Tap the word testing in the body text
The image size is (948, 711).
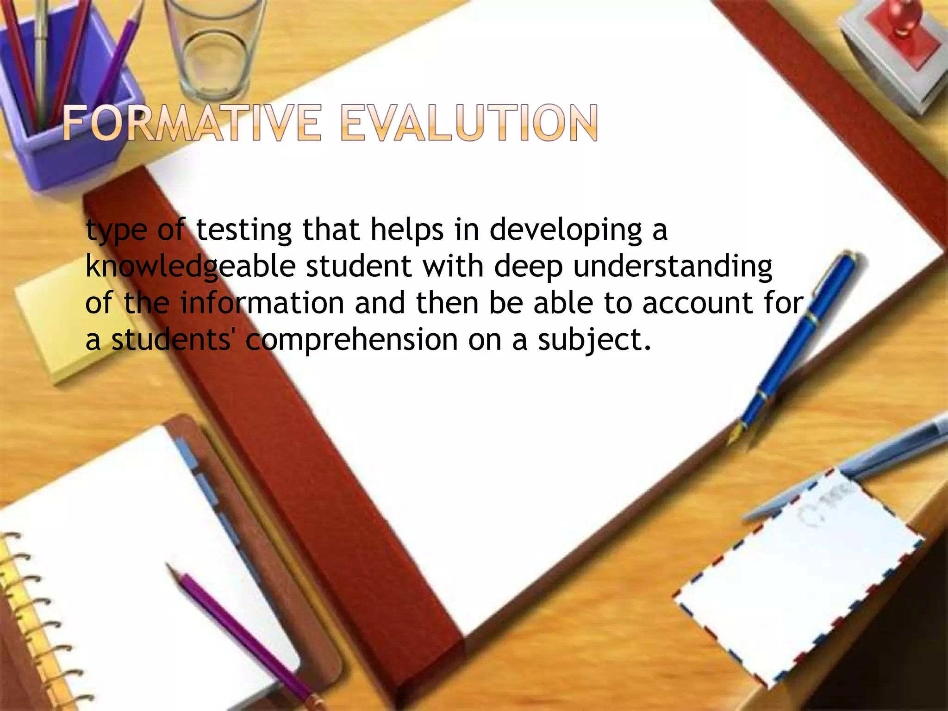click(x=244, y=230)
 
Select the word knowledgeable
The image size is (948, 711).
click(x=190, y=267)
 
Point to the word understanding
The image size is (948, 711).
click(x=673, y=267)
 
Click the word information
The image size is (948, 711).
click(x=262, y=303)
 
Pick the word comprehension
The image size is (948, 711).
click(x=351, y=340)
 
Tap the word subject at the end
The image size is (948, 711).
click(x=594, y=340)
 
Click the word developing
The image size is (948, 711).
click(x=566, y=230)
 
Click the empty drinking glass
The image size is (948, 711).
click(x=216, y=46)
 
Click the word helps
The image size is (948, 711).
click(x=407, y=230)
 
